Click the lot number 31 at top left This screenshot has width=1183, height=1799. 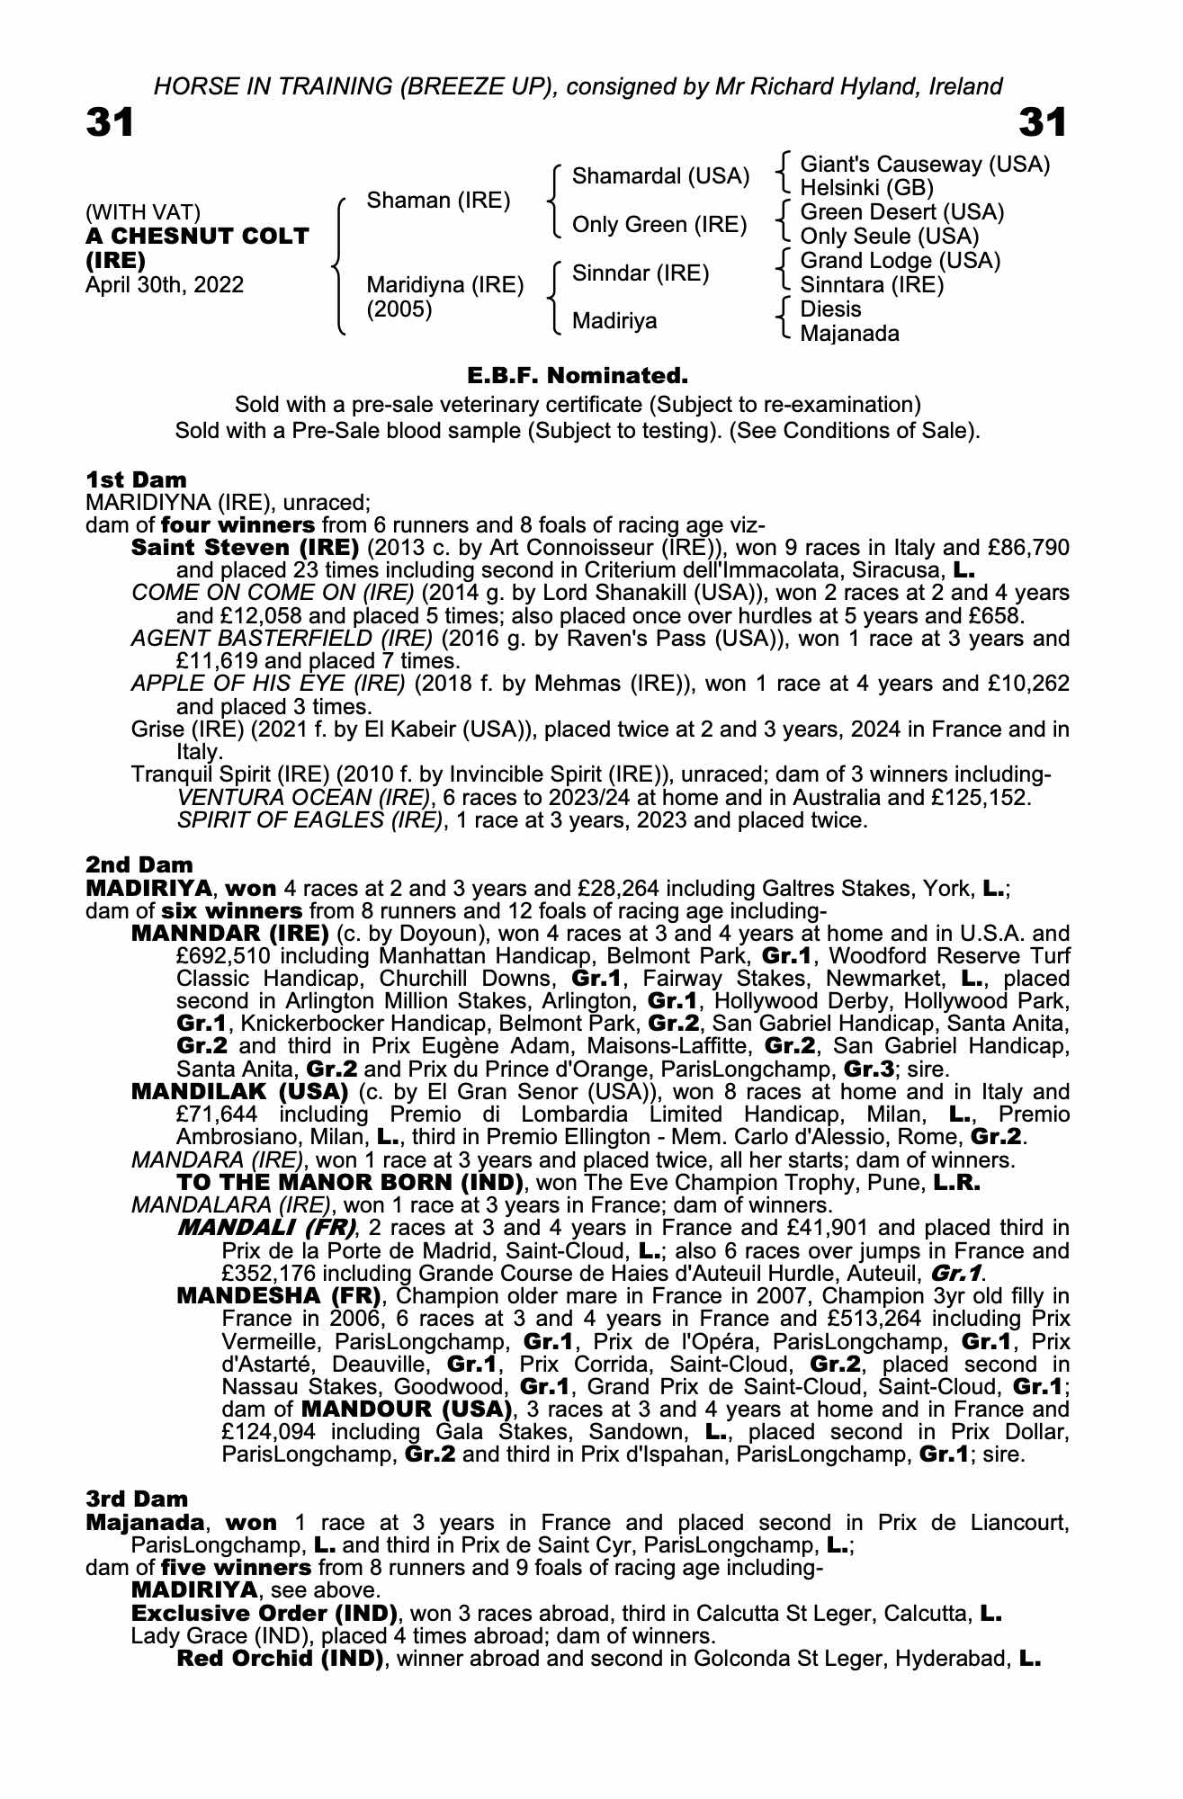(x=110, y=123)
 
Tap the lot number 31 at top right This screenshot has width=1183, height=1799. (x=1043, y=123)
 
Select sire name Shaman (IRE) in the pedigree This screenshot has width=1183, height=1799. (x=438, y=201)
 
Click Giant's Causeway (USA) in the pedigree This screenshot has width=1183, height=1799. (x=925, y=165)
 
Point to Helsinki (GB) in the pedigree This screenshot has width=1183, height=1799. (x=866, y=188)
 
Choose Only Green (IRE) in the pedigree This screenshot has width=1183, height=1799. (x=659, y=225)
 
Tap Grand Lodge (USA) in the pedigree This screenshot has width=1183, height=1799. (x=900, y=261)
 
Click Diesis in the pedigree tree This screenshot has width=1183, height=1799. (x=830, y=309)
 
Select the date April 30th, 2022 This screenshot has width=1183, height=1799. (x=165, y=285)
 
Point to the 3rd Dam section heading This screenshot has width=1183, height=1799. (x=138, y=1499)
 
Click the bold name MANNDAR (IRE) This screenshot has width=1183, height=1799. (x=229, y=933)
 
